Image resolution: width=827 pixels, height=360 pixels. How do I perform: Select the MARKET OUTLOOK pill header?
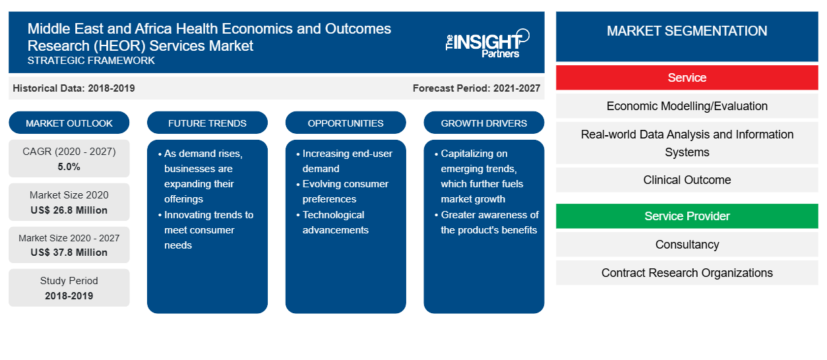coord(69,123)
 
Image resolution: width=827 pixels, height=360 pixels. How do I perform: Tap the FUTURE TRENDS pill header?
coord(207,123)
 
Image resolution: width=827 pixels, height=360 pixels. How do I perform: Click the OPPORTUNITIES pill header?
coord(346,123)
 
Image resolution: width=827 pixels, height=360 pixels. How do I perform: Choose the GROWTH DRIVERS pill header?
coord(483,123)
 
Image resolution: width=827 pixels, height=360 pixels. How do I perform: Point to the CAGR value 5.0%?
coord(69,167)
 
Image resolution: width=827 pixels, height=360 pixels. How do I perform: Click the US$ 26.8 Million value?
coord(69,210)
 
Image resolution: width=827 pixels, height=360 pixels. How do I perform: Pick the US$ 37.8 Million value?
coord(69,253)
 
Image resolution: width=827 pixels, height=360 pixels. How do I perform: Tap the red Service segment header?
coord(687,78)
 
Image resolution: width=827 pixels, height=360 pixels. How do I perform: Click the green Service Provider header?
coord(687,216)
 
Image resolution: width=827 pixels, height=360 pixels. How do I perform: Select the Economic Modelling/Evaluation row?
coord(687,106)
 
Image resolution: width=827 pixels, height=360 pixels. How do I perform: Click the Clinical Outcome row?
coord(687,180)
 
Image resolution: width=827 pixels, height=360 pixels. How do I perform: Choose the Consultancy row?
coord(687,245)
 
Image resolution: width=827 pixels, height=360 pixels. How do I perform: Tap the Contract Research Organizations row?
coord(687,273)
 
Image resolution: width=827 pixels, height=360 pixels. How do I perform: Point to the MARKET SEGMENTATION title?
coord(687,31)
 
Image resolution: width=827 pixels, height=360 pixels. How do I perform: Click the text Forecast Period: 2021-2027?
coord(476,88)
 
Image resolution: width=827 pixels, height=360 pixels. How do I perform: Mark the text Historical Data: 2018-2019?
coord(74,88)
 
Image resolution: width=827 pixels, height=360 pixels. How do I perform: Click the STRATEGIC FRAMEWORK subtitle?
coord(91,61)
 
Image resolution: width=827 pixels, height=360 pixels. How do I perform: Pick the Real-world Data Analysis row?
coord(687,143)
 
